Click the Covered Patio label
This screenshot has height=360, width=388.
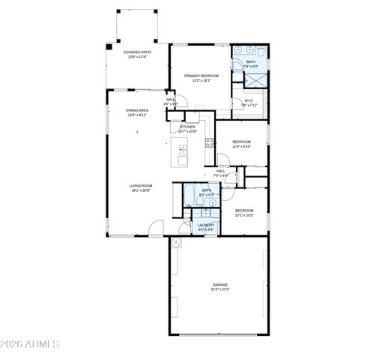[x=137, y=52]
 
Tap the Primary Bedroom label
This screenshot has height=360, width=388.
[x=201, y=76]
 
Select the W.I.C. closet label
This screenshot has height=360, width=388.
[x=249, y=101]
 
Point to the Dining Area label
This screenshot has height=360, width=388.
[x=137, y=110]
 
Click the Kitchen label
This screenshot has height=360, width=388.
[x=188, y=127]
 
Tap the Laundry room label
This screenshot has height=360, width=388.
[x=206, y=224]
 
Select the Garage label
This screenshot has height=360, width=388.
[x=219, y=284]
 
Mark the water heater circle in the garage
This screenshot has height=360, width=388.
[x=176, y=243]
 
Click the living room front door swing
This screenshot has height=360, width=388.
[x=154, y=226]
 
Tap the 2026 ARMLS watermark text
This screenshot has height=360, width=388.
[x=31, y=344]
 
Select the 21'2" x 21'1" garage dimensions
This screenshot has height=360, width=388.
[x=219, y=289]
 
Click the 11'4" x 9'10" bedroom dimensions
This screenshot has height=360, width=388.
[x=240, y=146]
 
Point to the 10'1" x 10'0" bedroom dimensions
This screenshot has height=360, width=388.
[x=244, y=214]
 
